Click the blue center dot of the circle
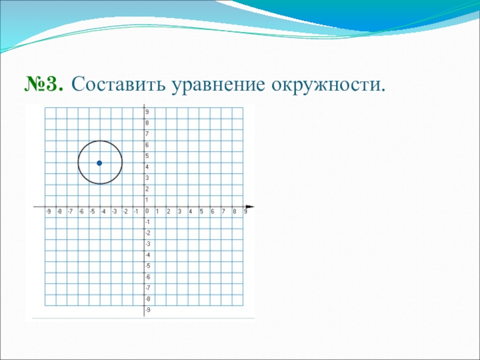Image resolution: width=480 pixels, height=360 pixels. point(99,163)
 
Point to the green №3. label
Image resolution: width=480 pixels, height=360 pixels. point(44,83)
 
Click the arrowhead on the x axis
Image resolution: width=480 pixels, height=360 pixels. point(250,206)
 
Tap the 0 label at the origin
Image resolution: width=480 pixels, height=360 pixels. point(147,211)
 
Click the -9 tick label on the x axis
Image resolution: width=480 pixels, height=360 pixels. point(48,212)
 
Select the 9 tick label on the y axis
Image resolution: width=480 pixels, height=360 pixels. point(147,112)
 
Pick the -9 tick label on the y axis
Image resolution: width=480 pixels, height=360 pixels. point(148,310)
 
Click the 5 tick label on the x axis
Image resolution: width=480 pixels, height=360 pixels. point(202,212)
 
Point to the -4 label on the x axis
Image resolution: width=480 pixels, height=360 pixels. point(103,212)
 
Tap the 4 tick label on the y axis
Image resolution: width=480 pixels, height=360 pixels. point(147,167)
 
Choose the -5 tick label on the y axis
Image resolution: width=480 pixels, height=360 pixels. point(148,266)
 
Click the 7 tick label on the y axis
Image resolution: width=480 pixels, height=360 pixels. point(147,134)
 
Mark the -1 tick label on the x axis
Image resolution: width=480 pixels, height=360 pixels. point(136,212)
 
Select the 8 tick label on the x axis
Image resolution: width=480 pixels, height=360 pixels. point(235,212)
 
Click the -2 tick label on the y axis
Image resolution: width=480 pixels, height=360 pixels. point(148,233)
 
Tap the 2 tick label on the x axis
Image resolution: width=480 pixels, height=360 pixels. point(169,212)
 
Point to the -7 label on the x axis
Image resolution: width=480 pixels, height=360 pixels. point(70,212)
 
